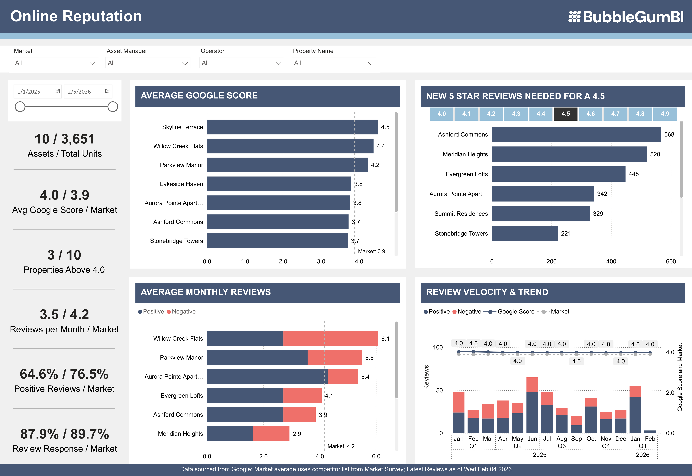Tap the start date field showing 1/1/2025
click(x=33, y=92)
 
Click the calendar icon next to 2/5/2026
click(x=108, y=91)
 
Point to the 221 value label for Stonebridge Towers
click(x=566, y=233)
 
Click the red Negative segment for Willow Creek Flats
click(x=331, y=339)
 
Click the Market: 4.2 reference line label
click(x=341, y=446)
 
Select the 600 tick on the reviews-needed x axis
click(x=671, y=262)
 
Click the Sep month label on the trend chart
click(x=576, y=439)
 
